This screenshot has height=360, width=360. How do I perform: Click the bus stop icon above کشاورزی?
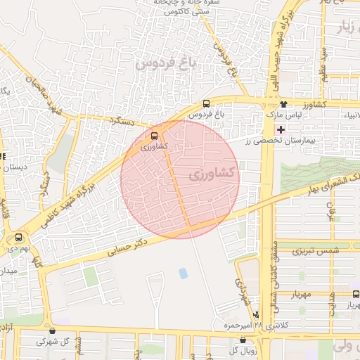(x=154, y=136)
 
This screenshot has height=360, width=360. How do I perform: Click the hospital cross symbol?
(x=281, y=130)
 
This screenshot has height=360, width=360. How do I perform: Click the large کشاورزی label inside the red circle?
(x=214, y=172)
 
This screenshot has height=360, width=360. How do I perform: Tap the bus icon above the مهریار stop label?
(x=354, y=295)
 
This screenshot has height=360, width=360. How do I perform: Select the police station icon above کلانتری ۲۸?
(x=256, y=314)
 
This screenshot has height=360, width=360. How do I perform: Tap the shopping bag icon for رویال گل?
(x=243, y=340)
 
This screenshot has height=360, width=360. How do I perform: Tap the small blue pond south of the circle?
(x=184, y=273)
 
